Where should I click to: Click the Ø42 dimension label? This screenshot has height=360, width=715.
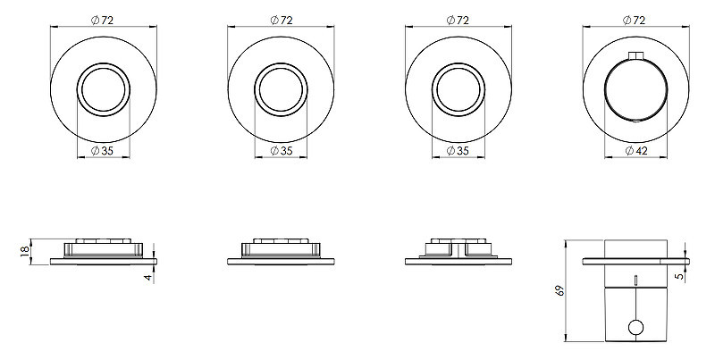[x=635, y=151]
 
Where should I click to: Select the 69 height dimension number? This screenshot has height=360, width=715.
[x=560, y=289]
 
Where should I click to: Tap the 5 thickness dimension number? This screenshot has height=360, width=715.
[x=681, y=276]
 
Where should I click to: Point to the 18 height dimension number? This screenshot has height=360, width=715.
[x=25, y=251]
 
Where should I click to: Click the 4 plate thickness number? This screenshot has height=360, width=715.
[x=148, y=277]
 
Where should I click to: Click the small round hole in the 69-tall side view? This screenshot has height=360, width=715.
[x=635, y=328]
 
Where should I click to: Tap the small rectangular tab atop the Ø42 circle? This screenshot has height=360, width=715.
[x=635, y=55]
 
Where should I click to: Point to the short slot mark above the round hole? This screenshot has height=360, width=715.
[x=635, y=280]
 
